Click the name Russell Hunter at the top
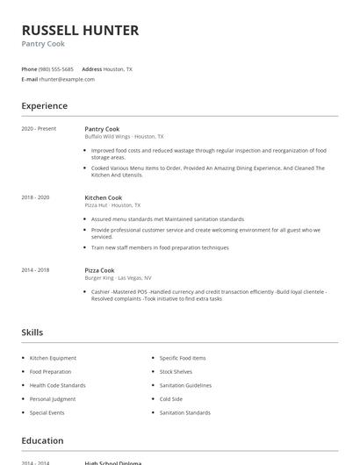point(80,30)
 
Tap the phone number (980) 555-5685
point(57,68)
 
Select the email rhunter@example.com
point(67,79)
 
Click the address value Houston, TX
point(119,68)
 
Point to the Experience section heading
point(44,106)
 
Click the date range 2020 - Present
point(39,129)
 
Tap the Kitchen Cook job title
point(103,198)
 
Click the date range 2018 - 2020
point(35,198)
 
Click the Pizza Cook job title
point(99,270)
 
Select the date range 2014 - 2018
point(35,270)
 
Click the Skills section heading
point(32,333)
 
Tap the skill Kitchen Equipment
point(53,358)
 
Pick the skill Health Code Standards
point(57,385)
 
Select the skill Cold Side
point(171,399)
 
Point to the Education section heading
point(42,440)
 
